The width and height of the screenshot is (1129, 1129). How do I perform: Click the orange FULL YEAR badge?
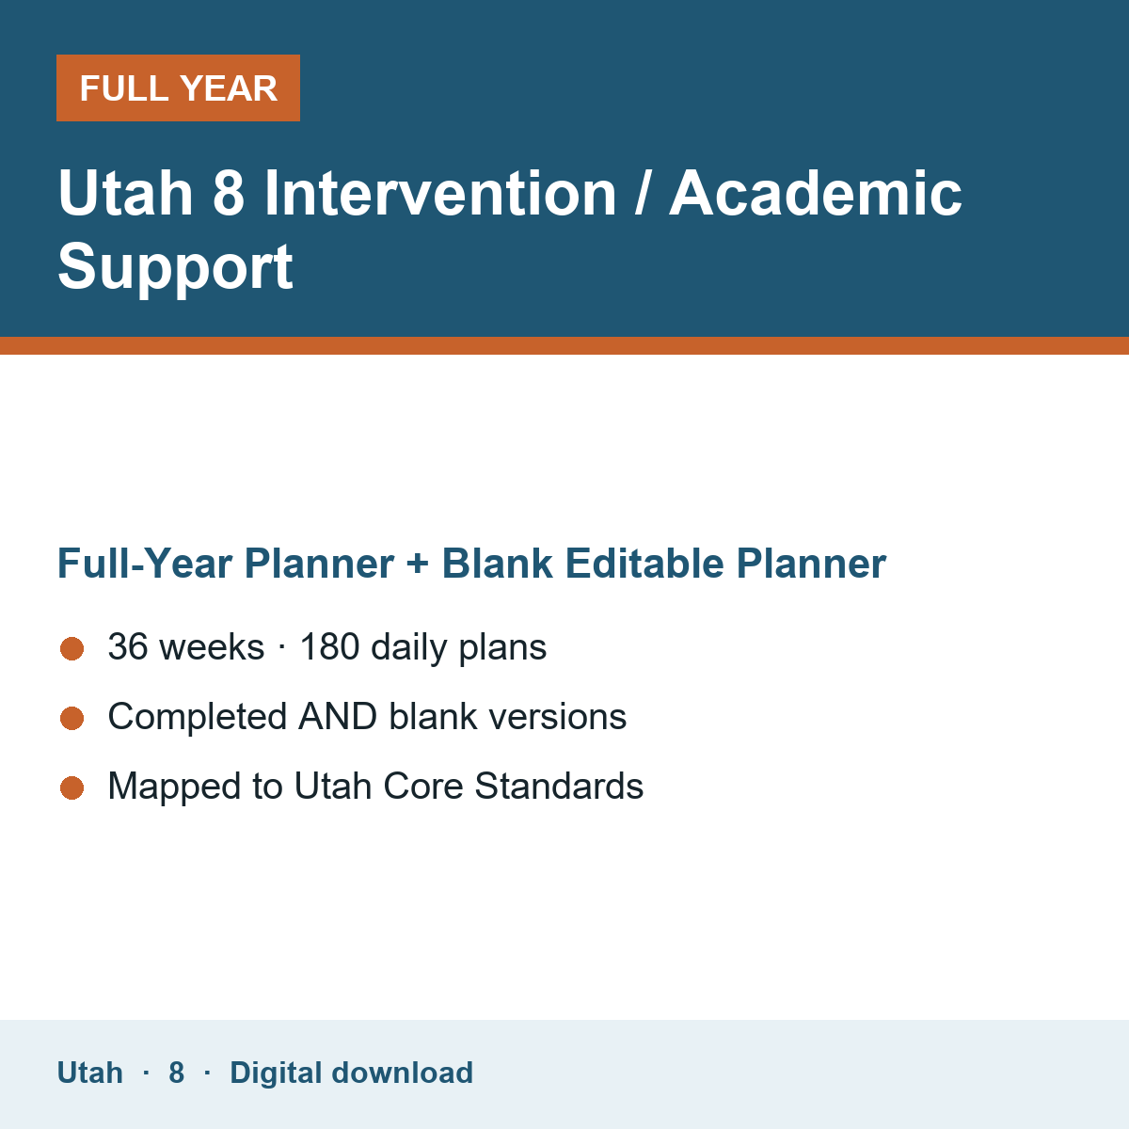pyautogui.click(x=178, y=87)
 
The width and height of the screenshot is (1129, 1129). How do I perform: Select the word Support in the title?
pyautogui.click(x=175, y=268)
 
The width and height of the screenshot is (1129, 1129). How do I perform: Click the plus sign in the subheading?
pyautogui.click(x=418, y=564)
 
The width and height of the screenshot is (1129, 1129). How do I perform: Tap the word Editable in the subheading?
pyautogui.click(x=644, y=564)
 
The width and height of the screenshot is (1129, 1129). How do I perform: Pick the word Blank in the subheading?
pyautogui.click(x=497, y=564)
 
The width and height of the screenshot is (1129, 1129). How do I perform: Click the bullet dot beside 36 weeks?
pyautogui.click(x=72, y=648)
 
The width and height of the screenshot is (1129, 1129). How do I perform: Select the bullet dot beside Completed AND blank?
pyautogui.click(x=72, y=718)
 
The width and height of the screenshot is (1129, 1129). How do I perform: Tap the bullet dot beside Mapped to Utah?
pyautogui.click(x=72, y=787)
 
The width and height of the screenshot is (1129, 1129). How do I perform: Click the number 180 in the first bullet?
pyautogui.click(x=330, y=646)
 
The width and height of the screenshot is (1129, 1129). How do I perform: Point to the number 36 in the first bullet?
pyautogui.click(x=128, y=646)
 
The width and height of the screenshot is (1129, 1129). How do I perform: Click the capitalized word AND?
pyautogui.click(x=338, y=717)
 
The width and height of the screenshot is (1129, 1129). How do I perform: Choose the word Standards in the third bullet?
pyautogui.click(x=559, y=786)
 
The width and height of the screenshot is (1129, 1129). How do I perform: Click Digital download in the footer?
pyautogui.click(x=352, y=1073)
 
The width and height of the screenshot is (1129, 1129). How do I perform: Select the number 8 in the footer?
pyautogui.click(x=176, y=1073)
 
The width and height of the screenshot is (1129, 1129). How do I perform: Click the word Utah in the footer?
pyautogui.click(x=89, y=1073)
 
